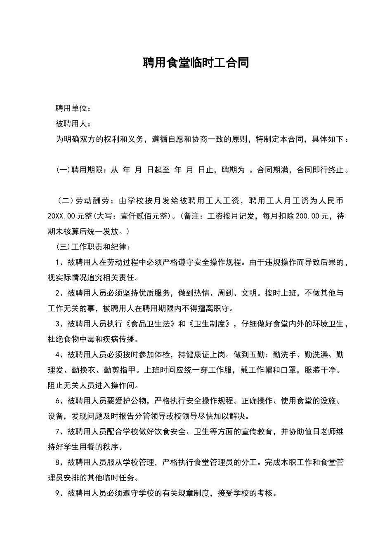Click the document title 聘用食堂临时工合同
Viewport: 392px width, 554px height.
[196, 63]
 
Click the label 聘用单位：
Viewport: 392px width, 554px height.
[73, 108]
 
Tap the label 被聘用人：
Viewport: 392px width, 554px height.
[73, 124]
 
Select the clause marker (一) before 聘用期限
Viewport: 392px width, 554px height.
[64, 170]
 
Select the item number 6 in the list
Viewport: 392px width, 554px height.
[58, 401]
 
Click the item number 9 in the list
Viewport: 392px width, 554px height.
[58, 493]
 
